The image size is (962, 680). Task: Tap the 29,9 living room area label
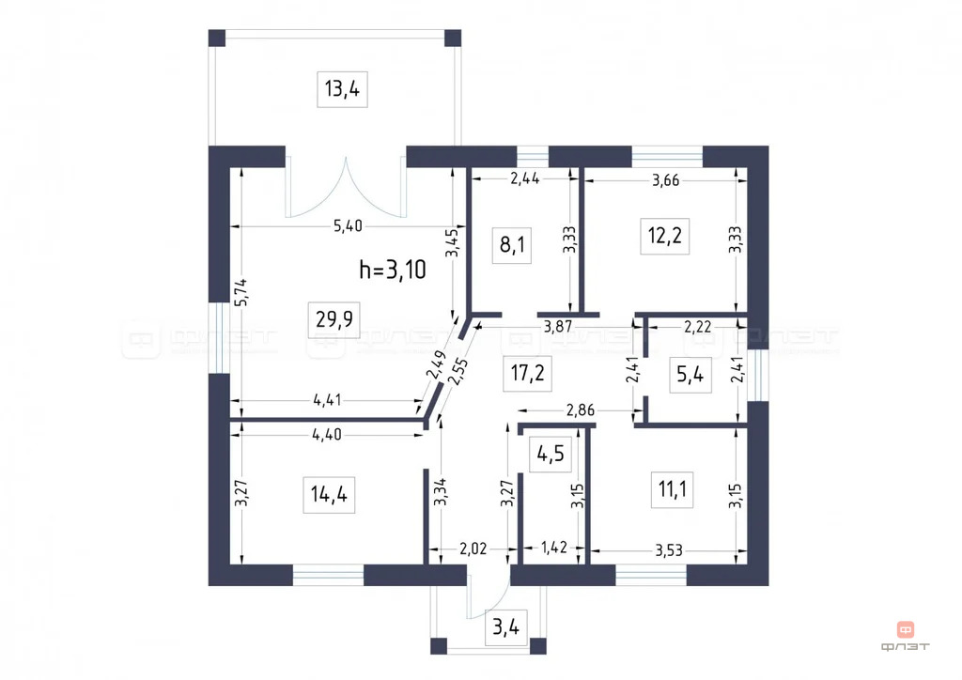click(x=328, y=319)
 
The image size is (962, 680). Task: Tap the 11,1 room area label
click(x=671, y=488)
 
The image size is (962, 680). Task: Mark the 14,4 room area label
click(x=325, y=493)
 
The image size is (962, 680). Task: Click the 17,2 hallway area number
click(x=529, y=374)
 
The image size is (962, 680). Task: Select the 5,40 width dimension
click(x=348, y=224)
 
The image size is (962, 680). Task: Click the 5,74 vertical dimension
click(x=240, y=294)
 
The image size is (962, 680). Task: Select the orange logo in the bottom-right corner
click(x=906, y=630)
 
